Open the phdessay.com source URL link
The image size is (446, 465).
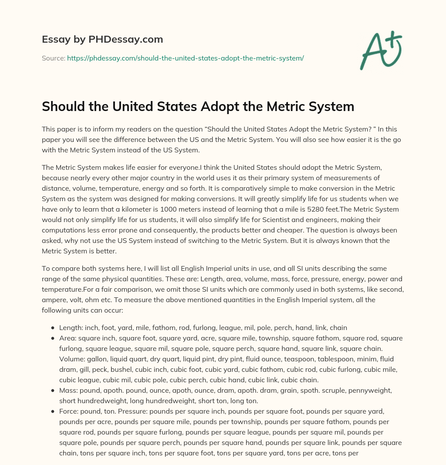click(185, 58)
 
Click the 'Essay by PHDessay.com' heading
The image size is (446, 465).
click(102, 39)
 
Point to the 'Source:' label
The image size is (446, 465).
click(53, 58)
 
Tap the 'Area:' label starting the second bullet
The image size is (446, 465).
click(68, 338)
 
